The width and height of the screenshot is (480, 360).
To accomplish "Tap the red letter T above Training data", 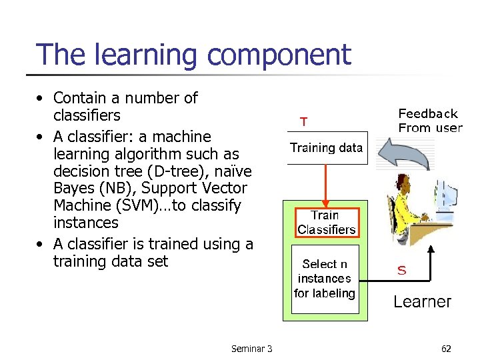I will (303, 121).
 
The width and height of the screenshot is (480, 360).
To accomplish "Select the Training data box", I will (326, 148).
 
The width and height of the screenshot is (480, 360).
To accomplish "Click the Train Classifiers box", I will (326, 223).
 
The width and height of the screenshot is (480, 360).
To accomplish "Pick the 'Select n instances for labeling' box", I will (325, 279).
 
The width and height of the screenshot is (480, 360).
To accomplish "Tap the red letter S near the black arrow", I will (402, 270).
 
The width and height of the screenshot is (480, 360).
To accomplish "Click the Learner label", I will (422, 301).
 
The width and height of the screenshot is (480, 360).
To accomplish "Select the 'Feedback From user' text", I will (429, 121).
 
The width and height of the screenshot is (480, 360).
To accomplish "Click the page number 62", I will (446, 349).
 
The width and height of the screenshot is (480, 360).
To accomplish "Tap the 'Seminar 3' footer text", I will (251, 349).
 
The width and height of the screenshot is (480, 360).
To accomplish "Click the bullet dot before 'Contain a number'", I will (41, 99).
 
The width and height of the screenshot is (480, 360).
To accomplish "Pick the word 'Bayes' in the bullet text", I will (73, 189).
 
